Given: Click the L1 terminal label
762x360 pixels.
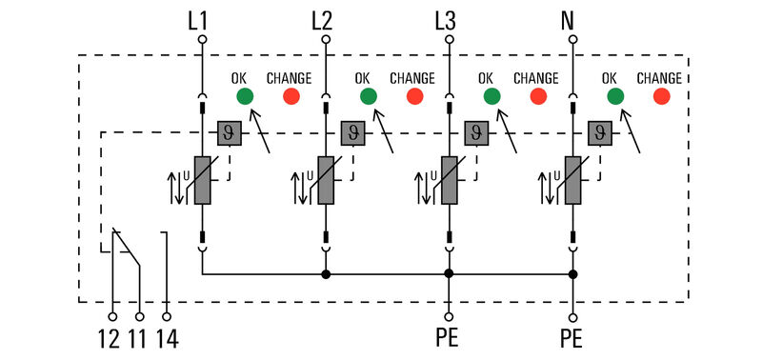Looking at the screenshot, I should pos(199,19).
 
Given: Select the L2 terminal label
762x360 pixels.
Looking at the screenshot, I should pos(323,19).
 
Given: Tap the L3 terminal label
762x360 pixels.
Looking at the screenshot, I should pos(447,19).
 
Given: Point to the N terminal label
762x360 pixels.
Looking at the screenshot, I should pos(571,19).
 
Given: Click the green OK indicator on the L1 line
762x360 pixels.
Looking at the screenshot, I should pos(244,96).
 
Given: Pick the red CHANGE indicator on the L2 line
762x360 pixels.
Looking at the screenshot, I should pos(414,96).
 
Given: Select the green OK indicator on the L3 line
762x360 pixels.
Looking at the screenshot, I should pos(491,96).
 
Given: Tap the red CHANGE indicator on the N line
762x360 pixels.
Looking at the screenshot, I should pos(661,96).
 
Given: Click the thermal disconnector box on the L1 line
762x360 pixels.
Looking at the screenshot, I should pos(230,132).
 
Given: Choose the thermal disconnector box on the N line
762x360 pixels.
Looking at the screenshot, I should pos(600,132).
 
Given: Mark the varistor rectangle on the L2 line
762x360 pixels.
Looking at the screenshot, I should pos(326,181).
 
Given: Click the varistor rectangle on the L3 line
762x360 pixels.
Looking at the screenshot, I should pos(450,181).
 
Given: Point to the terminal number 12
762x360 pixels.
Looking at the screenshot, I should pos(109,339).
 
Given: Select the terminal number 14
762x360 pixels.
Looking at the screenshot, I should pos(167,339).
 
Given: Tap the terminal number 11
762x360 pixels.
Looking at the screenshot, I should pos(139,339).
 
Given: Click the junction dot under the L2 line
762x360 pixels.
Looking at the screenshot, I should pos(326,274).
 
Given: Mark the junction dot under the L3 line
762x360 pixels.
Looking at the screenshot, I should pos(449,274).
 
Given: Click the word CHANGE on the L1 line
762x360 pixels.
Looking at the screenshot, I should pos(289,77).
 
